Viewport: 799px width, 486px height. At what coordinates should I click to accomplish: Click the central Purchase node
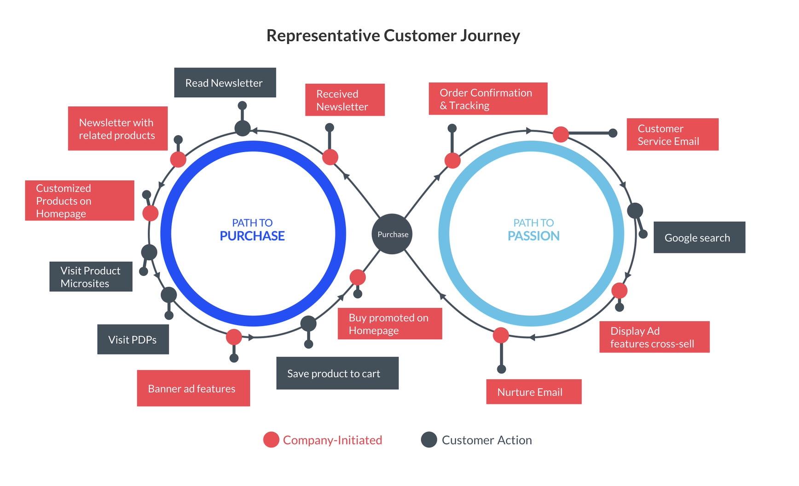[x=392, y=234]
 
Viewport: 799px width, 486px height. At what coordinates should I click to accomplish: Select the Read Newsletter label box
[x=225, y=83]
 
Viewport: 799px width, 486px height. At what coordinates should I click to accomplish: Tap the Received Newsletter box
[x=345, y=100]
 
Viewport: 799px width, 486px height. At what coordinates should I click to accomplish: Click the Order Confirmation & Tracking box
[x=487, y=99]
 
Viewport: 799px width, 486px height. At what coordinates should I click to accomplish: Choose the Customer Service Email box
[x=672, y=134]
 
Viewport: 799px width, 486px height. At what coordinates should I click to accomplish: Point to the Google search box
[x=699, y=237]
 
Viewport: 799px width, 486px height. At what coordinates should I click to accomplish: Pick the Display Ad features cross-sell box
[x=654, y=337]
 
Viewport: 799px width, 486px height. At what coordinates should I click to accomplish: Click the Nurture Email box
[x=533, y=392]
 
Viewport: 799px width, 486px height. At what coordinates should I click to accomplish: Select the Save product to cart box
[x=337, y=373]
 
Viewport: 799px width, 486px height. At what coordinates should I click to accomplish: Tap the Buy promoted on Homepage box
[x=389, y=324]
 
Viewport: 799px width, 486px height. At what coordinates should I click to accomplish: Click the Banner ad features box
[x=193, y=388]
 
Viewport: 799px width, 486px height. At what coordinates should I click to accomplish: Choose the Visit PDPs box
[x=133, y=340]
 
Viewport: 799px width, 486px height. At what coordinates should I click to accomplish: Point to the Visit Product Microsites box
[x=91, y=277]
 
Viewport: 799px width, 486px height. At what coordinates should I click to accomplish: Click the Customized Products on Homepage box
[x=79, y=201]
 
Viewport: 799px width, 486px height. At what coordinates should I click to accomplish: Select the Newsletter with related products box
[x=117, y=128]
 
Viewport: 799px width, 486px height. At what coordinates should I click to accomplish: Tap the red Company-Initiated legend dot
[x=271, y=440]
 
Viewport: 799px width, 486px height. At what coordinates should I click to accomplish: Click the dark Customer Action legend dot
[x=428, y=440]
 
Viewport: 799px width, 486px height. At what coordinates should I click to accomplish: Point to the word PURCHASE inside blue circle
[x=252, y=236]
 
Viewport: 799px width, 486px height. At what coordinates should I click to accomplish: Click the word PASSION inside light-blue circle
[x=533, y=236]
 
